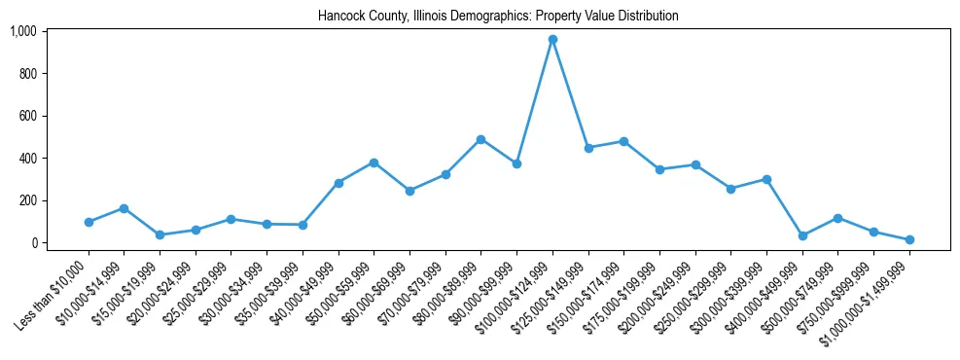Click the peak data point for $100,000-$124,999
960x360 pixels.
pyautogui.click(x=552, y=39)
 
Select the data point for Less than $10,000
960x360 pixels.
pyautogui.click(x=89, y=222)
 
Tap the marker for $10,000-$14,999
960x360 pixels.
pyautogui.click(x=124, y=208)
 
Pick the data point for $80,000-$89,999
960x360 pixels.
pyautogui.click(x=480, y=139)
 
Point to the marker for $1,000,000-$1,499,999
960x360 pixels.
pyautogui.click(x=909, y=239)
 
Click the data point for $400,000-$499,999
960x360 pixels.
pyautogui.click(x=802, y=235)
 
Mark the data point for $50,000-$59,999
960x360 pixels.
pyautogui.click(x=373, y=162)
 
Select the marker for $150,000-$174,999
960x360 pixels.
pyautogui.click(x=623, y=141)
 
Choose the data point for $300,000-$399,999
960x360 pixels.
pyautogui.click(x=766, y=179)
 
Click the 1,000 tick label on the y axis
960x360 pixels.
pyautogui.click(x=22, y=31)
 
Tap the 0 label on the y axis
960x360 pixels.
pyautogui.click(x=33, y=243)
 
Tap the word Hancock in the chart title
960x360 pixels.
pyautogui.click(x=339, y=17)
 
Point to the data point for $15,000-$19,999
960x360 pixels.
pyautogui.click(x=160, y=234)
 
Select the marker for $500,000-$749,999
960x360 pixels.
pyautogui.click(x=837, y=218)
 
